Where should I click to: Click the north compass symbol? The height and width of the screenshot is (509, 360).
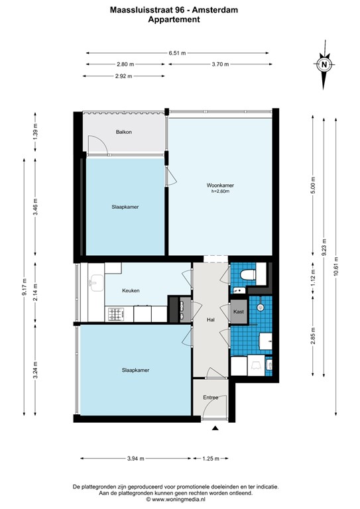pyautogui.click(x=324, y=65)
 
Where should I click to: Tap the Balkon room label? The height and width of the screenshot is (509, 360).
pyautogui.click(x=123, y=132)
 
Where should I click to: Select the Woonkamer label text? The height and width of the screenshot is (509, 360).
pyautogui.click(x=219, y=186)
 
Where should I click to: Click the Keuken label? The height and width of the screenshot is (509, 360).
pyautogui.click(x=131, y=290)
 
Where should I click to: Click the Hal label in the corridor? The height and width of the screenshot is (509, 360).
pyautogui.click(x=211, y=319)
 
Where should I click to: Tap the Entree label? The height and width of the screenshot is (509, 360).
pyautogui.click(x=210, y=397)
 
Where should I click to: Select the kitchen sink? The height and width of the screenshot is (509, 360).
pyautogui.click(x=95, y=283)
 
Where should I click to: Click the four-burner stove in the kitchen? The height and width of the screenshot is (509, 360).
pyautogui.click(x=116, y=313)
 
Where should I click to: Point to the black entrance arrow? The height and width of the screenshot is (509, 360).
pyautogui.click(x=214, y=429)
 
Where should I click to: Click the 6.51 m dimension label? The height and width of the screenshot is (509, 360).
pyautogui.click(x=177, y=53)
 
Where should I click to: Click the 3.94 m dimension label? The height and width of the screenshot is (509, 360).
pyautogui.click(x=136, y=459)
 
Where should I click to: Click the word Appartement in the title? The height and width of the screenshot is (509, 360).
pyautogui.click(x=174, y=20)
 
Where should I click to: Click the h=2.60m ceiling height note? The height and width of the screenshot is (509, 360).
pyautogui.click(x=219, y=192)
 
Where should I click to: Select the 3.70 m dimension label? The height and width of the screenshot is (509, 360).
pyautogui.click(x=219, y=64)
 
